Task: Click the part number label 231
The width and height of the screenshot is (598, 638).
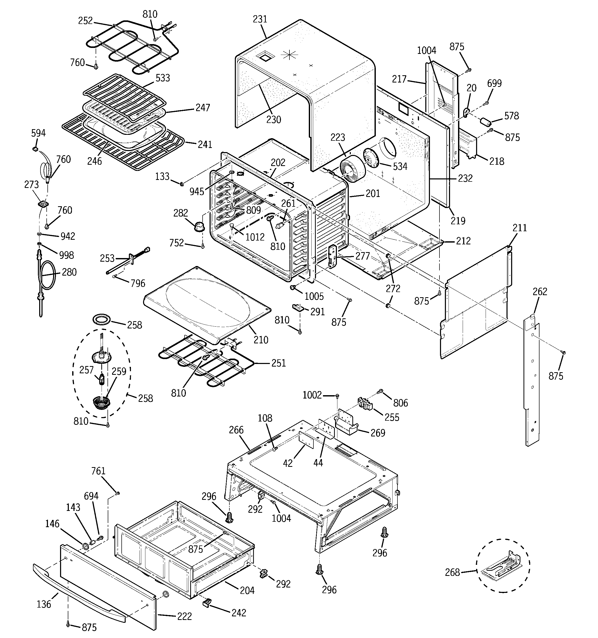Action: point(260,20)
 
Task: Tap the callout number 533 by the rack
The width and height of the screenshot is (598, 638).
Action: point(163,78)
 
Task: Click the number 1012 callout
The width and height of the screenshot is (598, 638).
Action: point(255,237)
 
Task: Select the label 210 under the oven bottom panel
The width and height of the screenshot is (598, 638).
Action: point(261,339)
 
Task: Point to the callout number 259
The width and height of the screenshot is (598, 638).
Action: point(119,371)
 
